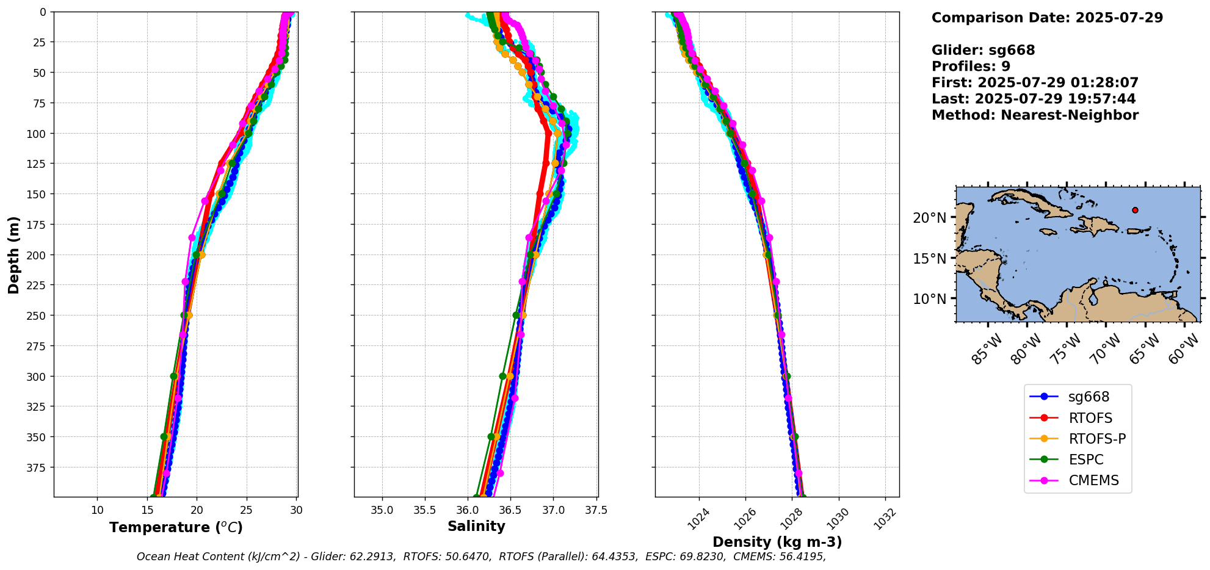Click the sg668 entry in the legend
coord(1089,397)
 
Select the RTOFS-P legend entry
coord(1097,439)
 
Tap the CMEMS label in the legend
coord(1093,481)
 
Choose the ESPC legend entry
coord(1086,460)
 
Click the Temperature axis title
coord(176,528)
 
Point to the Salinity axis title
coord(476,527)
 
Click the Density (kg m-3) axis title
coord(777,542)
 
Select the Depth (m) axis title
coord(13,254)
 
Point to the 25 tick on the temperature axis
coord(246,510)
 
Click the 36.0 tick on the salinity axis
coord(468,510)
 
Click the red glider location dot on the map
coord(1135,210)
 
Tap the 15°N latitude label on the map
coord(929,259)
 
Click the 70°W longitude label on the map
coord(1106,350)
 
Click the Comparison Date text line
coord(1047,18)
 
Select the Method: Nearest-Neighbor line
coord(1035,115)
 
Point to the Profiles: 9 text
coord(971,67)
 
